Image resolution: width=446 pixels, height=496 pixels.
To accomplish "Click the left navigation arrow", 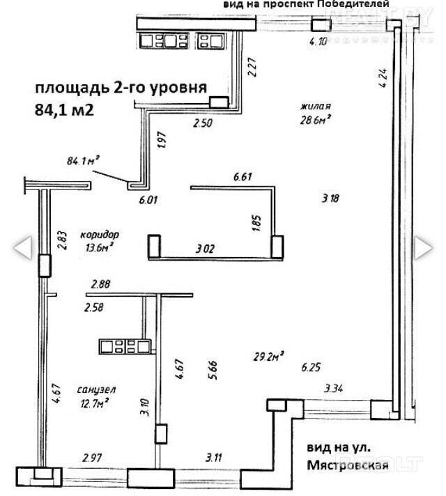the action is [x=23, y=247].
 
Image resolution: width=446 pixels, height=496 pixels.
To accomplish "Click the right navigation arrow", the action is [x=423, y=247].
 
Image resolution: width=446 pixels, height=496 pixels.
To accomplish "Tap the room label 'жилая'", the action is [x=315, y=107].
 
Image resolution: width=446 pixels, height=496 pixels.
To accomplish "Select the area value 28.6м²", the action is [x=315, y=119].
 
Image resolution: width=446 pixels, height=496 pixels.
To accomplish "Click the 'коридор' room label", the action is [x=100, y=234].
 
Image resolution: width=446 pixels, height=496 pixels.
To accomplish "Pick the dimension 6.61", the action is [x=243, y=176].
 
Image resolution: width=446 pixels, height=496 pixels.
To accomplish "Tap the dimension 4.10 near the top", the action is [x=318, y=41].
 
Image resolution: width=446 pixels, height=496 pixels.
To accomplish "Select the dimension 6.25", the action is [x=311, y=366].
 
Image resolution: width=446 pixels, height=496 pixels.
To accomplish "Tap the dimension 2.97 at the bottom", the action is [x=93, y=458].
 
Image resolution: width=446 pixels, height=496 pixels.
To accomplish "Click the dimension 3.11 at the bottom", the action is [x=215, y=458].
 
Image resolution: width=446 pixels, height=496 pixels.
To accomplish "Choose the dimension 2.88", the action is [x=100, y=284].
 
